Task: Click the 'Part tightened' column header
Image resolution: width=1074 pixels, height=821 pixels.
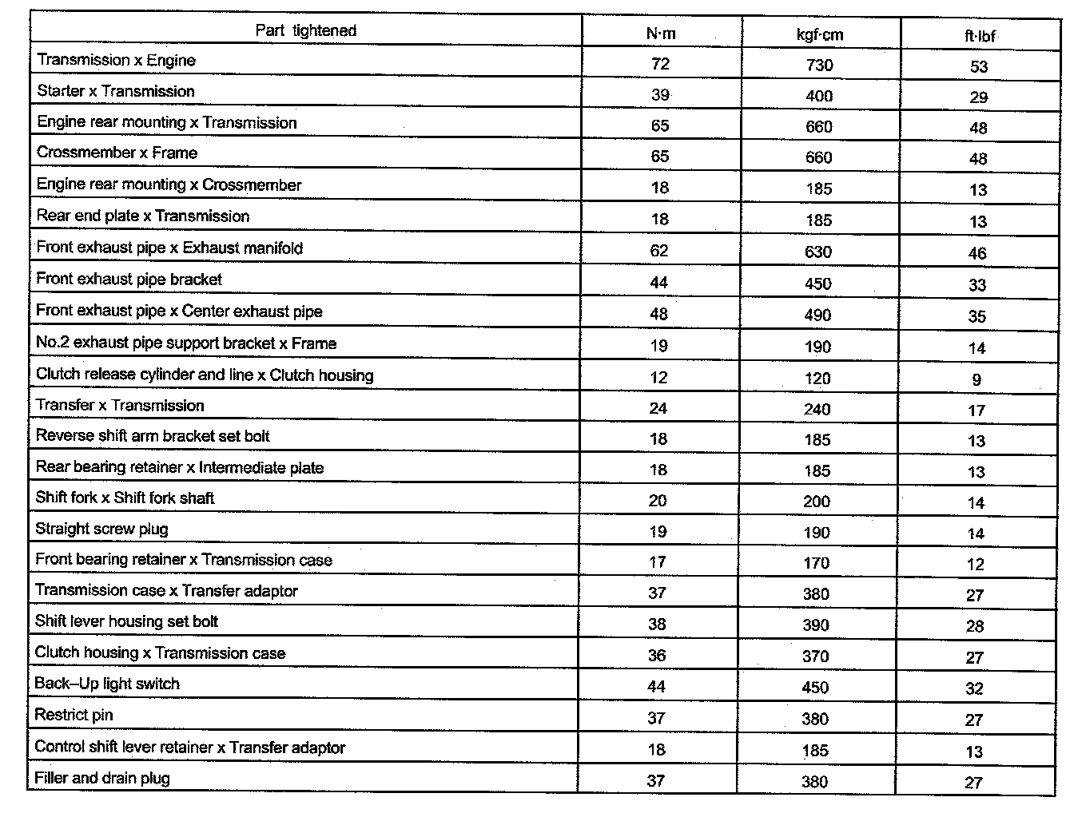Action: click(x=305, y=30)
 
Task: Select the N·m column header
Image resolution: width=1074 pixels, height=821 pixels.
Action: click(x=661, y=34)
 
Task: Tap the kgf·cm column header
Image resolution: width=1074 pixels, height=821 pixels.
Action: click(x=820, y=34)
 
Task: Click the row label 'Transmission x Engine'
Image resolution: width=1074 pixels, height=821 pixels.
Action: click(x=116, y=60)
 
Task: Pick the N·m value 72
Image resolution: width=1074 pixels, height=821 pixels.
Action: click(x=661, y=64)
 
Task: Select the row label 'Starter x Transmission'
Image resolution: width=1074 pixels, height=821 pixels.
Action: click(x=116, y=91)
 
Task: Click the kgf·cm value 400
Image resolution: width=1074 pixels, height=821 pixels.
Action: click(x=819, y=96)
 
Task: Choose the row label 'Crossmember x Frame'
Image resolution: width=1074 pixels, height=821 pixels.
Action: click(x=117, y=153)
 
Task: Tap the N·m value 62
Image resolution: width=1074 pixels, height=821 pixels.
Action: click(x=659, y=251)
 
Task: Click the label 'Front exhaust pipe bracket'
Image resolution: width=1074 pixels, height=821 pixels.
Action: click(x=129, y=279)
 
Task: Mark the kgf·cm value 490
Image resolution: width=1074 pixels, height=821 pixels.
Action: click(x=818, y=315)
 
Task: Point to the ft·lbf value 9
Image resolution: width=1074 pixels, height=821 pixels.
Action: click(x=977, y=380)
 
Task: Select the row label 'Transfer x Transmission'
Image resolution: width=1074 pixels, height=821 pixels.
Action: click(x=120, y=405)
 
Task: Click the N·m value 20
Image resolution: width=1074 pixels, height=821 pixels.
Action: click(x=658, y=501)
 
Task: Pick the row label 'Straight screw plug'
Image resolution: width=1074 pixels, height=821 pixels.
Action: click(x=101, y=529)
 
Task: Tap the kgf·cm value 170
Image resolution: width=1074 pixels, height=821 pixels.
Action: click(x=817, y=563)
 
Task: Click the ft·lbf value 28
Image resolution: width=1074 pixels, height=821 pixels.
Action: click(x=975, y=626)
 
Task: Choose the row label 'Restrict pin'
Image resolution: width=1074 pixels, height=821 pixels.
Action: click(x=74, y=715)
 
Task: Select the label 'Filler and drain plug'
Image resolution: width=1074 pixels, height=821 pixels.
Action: click(x=102, y=778)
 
